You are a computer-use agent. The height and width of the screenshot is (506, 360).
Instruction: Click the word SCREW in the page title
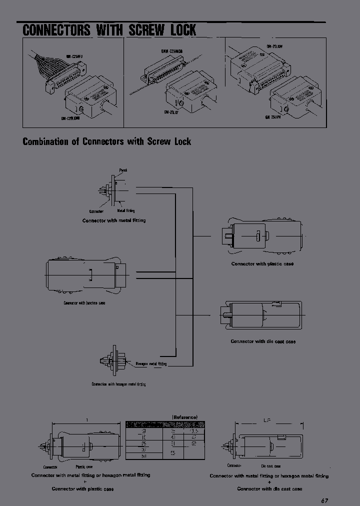[x=146, y=29]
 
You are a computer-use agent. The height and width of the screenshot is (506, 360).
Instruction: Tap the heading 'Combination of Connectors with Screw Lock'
[x=107, y=141]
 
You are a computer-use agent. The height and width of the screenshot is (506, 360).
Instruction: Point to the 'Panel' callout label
[x=123, y=170]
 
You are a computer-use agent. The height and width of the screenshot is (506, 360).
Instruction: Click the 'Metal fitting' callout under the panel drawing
[x=125, y=211]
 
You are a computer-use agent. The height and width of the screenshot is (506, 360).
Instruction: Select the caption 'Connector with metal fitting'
[x=114, y=220]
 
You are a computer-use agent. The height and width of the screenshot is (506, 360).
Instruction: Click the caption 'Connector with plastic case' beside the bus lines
[x=262, y=263]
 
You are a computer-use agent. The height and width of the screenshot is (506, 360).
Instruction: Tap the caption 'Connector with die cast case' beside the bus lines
[x=263, y=341]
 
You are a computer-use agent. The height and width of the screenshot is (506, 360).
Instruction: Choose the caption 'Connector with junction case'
[x=84, y=303]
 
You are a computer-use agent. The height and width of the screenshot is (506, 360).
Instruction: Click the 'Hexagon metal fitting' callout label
[x=151, y=364]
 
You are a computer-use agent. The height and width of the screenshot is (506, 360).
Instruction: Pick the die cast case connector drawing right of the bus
[x=259, y=315]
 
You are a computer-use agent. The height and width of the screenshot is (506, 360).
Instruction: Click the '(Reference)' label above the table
[x=185, y=417]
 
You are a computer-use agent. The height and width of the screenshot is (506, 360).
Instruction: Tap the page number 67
[x=325, y=500]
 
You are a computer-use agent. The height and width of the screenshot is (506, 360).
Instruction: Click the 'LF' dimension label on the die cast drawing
[x=267, y=421]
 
